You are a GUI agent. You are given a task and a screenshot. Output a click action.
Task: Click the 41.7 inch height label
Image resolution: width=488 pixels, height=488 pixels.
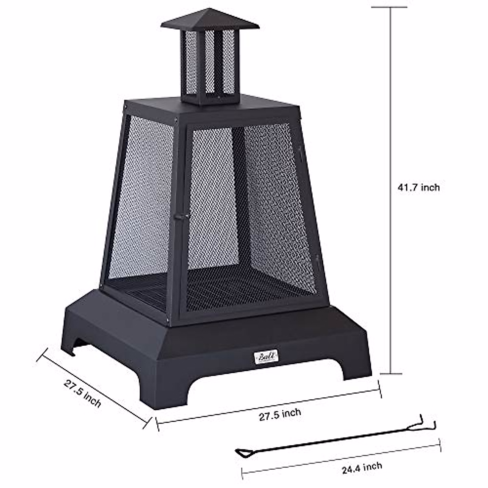[x=419, y=187]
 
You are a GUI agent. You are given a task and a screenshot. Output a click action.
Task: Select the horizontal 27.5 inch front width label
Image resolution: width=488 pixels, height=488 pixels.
[x=280, y=414]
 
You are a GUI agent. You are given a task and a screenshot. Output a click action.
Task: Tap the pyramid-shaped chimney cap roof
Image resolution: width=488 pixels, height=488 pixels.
[x=210, y=20]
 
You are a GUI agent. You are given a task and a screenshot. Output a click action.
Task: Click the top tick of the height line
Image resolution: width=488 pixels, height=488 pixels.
[x=391, y=7]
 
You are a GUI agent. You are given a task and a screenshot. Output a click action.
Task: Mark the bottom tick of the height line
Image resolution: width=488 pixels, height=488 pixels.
[x=391, y=373]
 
